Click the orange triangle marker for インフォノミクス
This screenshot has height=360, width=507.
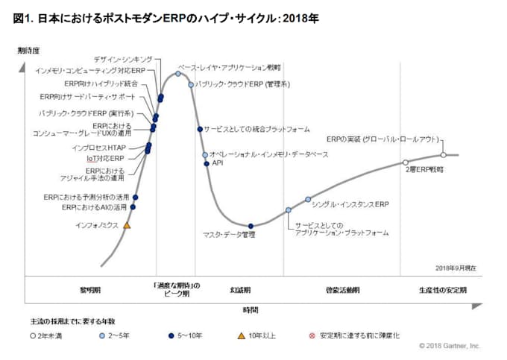pyautogui.click(x=127, y=224)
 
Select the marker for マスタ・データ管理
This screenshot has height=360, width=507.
pyautogui.click(x=251, y=226)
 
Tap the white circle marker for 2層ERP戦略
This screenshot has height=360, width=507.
pyautogui.click(x=406, y=162)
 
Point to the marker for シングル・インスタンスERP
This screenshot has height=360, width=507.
pyautogui.click(x=308, y=199)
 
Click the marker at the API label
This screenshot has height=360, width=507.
pyautogui.click(x=207, y=163)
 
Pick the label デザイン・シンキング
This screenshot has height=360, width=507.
pyautogui.click(x=124, y=59)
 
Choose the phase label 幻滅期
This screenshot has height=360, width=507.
pyautogui.click(x=240, y=289)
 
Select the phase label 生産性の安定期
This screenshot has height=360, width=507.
pyautogui.click(x=442, y=289)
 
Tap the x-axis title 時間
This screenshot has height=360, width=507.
pyautogui.click(x=251, y=309)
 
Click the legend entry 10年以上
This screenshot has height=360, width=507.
pyautogui.click(x=261, y=335)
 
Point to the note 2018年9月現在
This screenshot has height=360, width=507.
pyautogui.click(x=456, y=267)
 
